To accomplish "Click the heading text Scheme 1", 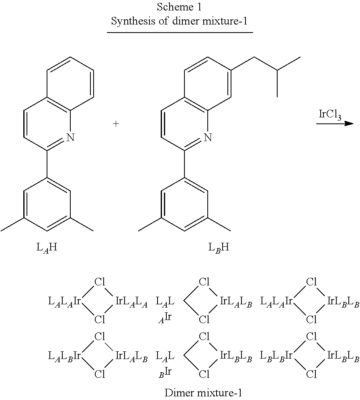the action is pos(179,7).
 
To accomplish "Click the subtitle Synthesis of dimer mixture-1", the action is pos(179,21).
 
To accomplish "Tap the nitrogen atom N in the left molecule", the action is pos(70,137).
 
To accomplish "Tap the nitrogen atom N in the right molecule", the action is pos(208,137).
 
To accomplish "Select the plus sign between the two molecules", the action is pos(116,124).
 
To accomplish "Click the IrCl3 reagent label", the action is pos(330,115).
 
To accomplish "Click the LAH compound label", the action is pos(47,247).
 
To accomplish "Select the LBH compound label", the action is pos(219,247).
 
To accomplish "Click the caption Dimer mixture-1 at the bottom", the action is pos(203,393).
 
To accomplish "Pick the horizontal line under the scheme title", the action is pos(180,33).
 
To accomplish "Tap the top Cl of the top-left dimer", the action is pos(100,282).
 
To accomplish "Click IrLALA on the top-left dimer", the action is pos(131,302).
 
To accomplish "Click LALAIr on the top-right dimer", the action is pos(276,302).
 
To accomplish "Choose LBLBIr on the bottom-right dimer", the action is pos(276,356).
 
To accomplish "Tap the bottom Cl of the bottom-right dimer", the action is pos(311,374).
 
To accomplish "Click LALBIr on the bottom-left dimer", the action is pos(65,356).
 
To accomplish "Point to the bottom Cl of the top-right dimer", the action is pos(311,319).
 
